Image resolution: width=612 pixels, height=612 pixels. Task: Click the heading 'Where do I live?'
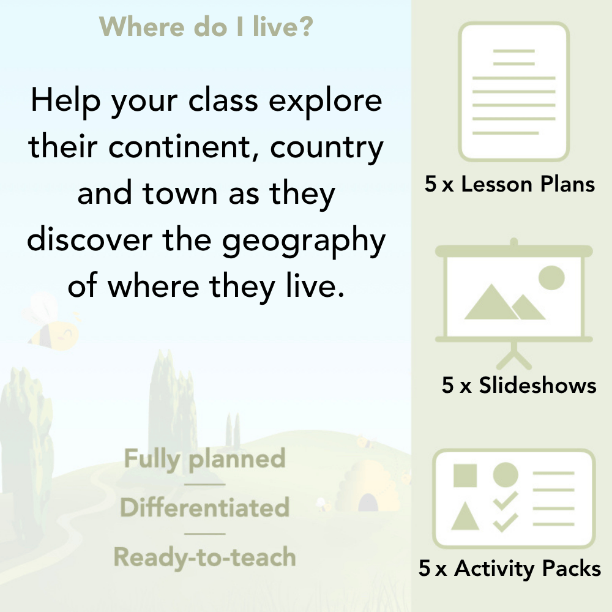click(207, 27)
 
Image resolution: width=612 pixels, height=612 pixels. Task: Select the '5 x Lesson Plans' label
click(510, 184)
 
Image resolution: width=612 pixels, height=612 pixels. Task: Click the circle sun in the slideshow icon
click(551, 277)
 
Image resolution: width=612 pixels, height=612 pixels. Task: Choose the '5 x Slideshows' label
click(519, 386)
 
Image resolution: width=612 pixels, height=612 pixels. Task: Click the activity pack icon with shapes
click(514, 498)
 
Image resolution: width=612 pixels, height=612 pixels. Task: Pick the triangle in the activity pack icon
click(465, 516)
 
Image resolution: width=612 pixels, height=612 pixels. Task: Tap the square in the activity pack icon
click(465, 475)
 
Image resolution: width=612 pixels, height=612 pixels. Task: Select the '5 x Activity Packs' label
click(510, 569)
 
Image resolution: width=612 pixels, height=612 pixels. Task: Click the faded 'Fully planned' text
click(205, 459)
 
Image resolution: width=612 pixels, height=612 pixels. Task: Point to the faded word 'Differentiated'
click(205, 508)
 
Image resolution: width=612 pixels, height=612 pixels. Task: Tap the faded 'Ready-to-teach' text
click(205, 558)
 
